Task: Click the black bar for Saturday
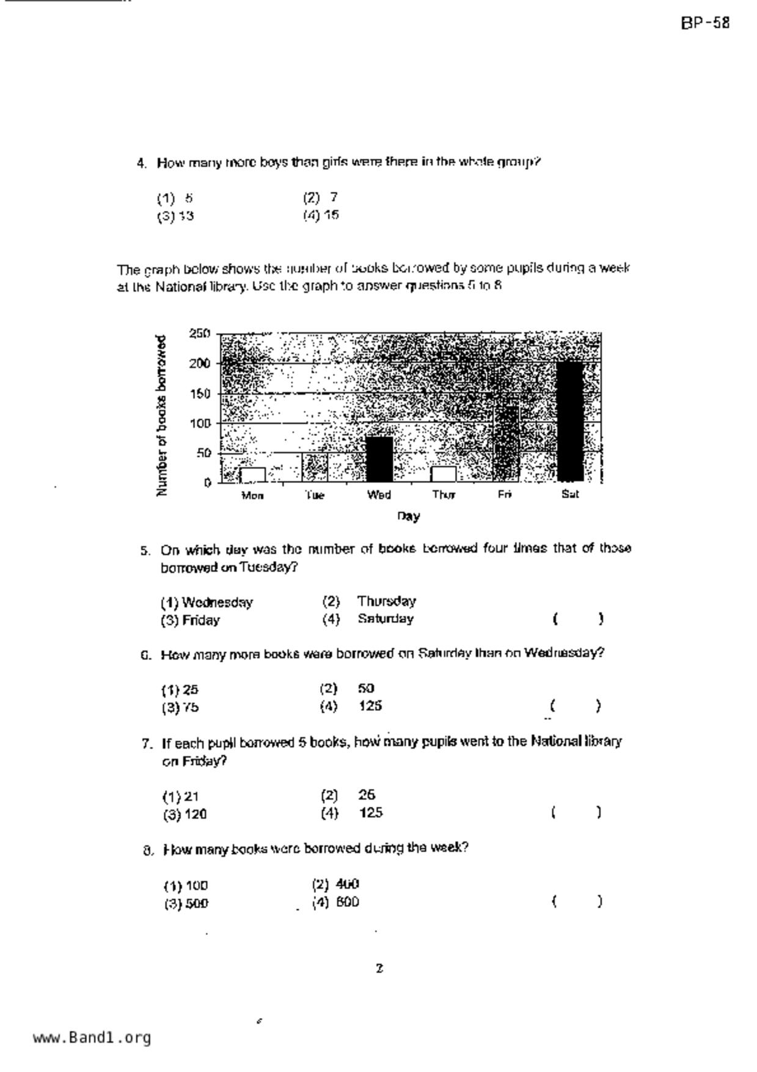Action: [570, 421]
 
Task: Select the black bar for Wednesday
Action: [379, 459]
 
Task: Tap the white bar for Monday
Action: [252, 475]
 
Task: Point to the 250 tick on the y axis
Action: [200, 334]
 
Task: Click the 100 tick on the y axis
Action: [200, 423]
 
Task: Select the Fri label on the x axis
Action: [504, 494]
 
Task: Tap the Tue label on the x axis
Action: [315, 495]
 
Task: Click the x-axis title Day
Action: [408, 516]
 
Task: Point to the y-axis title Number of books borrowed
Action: [161, 416]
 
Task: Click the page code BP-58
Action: [705, 23]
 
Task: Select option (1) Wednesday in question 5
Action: [207, 603]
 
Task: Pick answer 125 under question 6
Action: [370, 706]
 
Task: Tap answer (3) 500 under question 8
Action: [186, 903]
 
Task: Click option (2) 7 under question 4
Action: [321, 197]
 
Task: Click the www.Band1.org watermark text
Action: [92, 1038]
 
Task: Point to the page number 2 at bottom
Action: [379, 968]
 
